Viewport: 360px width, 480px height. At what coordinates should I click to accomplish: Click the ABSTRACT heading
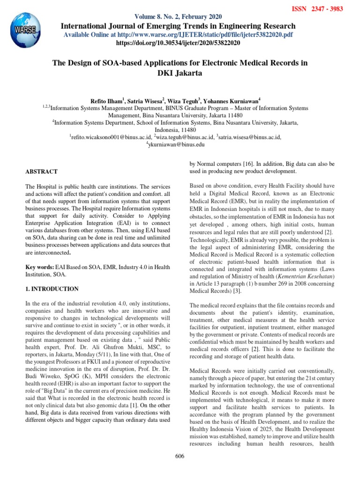(x=42, y=172)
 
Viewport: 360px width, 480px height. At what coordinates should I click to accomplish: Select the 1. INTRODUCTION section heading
(x=52, y=289)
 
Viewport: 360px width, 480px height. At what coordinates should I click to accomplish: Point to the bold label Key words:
(x=40, y=267)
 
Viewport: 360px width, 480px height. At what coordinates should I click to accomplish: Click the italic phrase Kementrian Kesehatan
(x=305, y=276)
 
